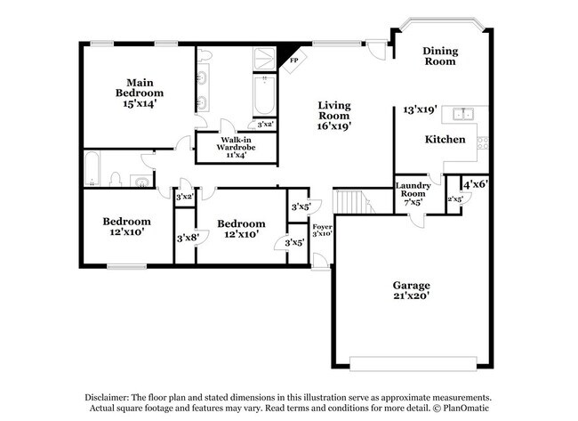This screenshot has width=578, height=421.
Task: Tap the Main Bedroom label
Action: click(139, 92)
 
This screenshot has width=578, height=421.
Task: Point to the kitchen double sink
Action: click(462, 114)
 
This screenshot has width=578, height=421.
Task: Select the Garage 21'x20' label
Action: click(412, 290)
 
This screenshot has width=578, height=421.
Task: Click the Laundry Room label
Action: click(412, 193)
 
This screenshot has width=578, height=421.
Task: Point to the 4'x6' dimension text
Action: click(475, 184)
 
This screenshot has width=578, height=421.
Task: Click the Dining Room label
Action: click(439, 56)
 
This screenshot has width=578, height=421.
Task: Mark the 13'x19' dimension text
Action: click(421, 109)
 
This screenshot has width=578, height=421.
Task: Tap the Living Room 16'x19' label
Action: click(334, 115)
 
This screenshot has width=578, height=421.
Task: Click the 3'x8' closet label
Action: click(185, 238)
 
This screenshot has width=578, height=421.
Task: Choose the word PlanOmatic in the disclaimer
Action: click(465, 408)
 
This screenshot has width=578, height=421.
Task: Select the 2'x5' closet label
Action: click(454, 199)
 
